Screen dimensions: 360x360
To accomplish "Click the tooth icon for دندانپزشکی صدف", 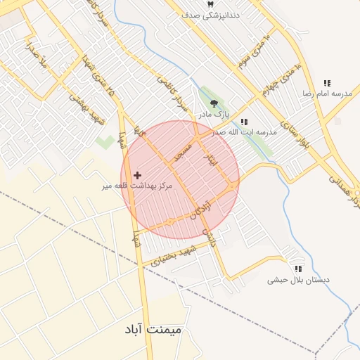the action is [x=209, y=4].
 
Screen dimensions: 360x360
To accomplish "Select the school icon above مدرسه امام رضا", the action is [x=326, y=83].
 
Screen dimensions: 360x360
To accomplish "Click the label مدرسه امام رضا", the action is [x=326, y=94].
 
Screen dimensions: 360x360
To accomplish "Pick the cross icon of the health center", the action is [x=136, y=174].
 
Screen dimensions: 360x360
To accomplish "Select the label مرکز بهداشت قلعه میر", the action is [x=136, y=186].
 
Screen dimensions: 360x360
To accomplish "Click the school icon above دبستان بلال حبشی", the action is [x=298, y=269].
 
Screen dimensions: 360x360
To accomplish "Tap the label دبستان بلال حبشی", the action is [x=298, y=280].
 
